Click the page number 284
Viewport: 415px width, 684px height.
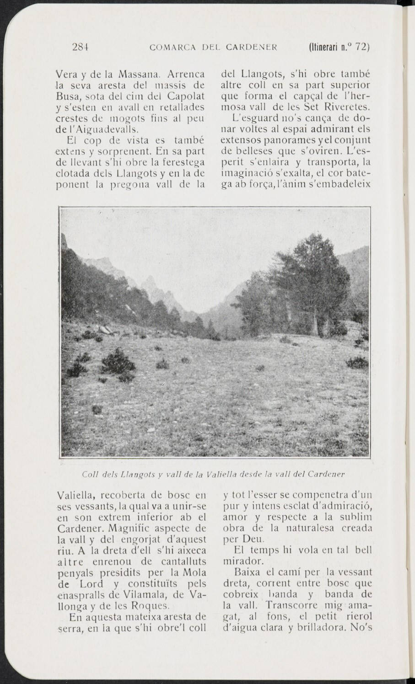pyautogui.click(x=80, y=47)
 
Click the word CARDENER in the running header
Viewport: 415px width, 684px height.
pyautogui.click(x=253, y=47)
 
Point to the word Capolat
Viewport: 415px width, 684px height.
pyautogui.click(x=186, y=96)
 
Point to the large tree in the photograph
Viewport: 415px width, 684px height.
pyautogui.click(x=300, y=283)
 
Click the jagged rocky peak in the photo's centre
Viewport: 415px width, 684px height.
pyautogui.click(x=151, y=293)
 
